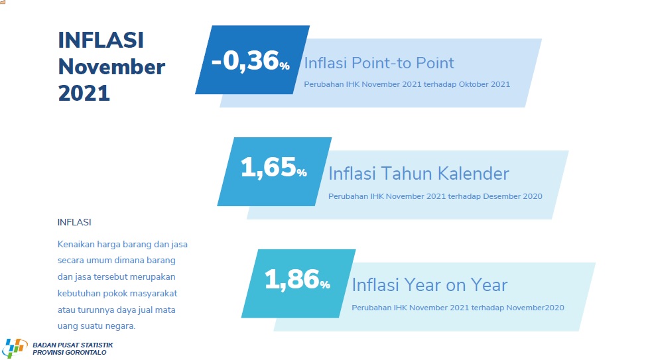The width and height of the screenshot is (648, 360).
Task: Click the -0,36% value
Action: pos(251,61)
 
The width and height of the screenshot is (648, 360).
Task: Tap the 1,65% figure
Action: pos(273,168)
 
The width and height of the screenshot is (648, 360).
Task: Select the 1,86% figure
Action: pos(297,280)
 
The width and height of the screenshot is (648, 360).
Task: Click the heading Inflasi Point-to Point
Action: pos(379,63)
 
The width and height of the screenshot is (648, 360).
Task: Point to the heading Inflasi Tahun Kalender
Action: pos(419,174)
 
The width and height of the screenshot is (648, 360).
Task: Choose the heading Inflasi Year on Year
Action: pos(429,285)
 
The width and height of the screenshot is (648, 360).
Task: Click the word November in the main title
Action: pos(111,67)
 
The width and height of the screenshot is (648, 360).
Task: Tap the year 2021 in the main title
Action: pos(84,93)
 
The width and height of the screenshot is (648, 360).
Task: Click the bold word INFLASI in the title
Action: pos(101,40)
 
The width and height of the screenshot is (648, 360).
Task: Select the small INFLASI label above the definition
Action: pos(74,222)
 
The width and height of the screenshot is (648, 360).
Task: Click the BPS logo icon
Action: pos(14,348)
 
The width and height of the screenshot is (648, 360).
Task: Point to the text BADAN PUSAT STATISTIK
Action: pos(73,345)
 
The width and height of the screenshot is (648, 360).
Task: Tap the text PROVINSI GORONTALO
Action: pos(70,353)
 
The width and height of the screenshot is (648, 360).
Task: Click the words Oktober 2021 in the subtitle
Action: pos(484,84)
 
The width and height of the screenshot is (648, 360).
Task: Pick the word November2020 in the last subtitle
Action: pos(535,308)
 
